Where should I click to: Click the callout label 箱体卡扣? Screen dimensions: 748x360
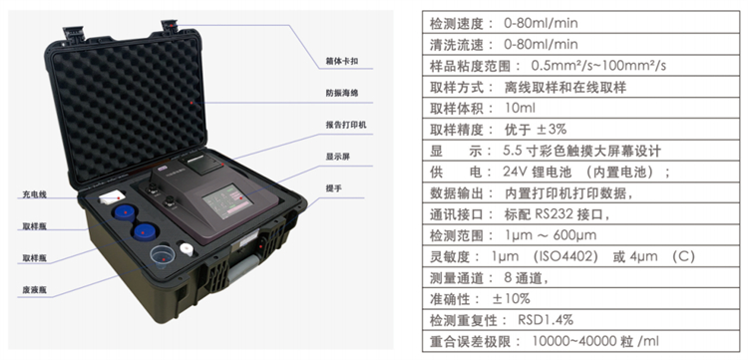point(341,62)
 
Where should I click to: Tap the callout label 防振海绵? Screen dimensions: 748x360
point(341,93)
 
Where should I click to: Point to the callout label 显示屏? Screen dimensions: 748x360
point(338,157)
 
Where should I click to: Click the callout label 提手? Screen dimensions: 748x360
point(333,187)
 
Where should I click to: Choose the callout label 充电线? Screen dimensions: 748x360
point(34,194)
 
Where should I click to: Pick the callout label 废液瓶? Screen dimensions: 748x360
point(34,290)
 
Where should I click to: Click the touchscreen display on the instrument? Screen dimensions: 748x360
point(227,200)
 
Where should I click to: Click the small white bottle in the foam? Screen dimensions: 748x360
point(187,248)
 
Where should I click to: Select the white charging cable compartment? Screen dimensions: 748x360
point(113,196)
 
